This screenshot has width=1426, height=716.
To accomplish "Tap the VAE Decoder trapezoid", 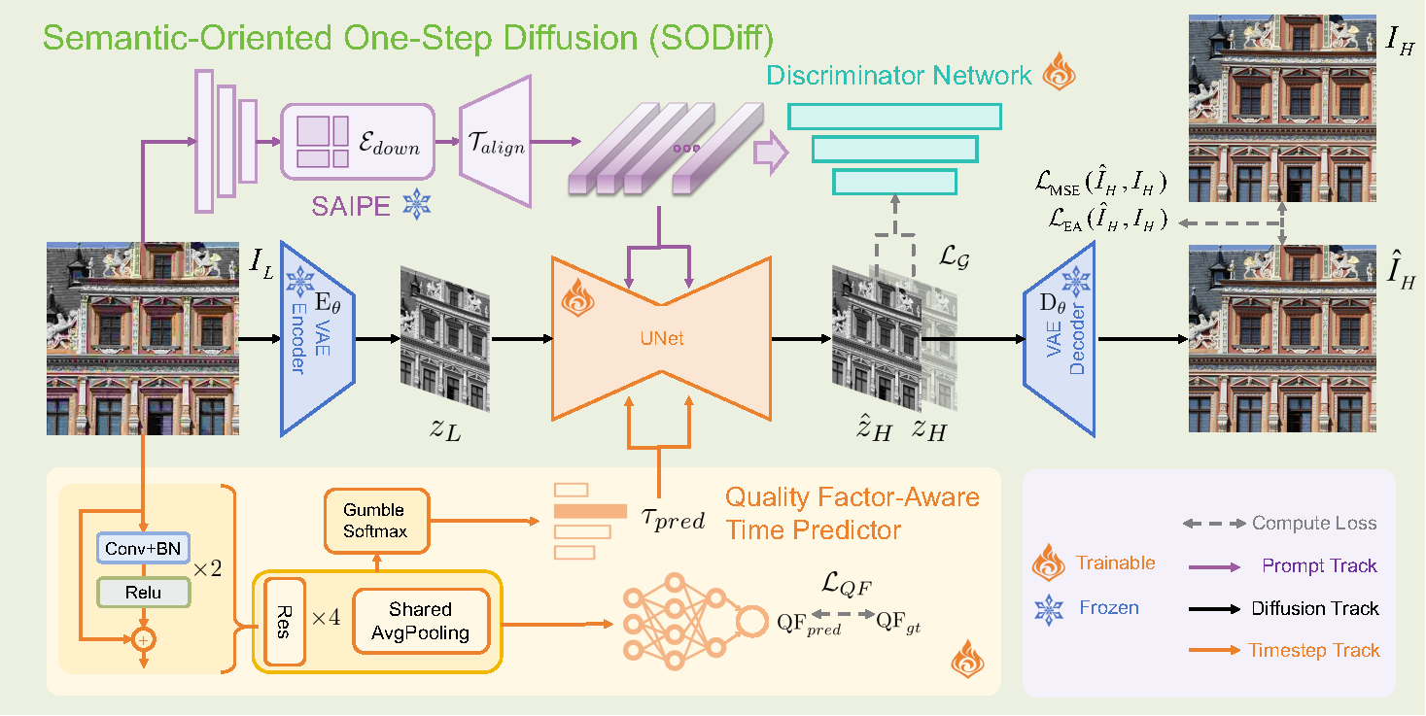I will [1059, 338].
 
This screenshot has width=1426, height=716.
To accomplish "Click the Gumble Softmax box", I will [373, 520].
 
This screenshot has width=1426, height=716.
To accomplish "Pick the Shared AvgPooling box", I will [420, 622].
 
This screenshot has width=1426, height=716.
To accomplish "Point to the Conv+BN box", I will [142, 549].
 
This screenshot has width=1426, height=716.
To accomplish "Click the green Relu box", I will [142, 592].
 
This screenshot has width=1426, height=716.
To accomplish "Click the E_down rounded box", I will [357, 142].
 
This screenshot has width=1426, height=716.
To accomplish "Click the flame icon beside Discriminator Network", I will [1060, 75].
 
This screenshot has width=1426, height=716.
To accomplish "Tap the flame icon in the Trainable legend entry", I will [1049, 563].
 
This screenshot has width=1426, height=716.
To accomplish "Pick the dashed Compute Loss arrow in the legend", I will [1215, 524].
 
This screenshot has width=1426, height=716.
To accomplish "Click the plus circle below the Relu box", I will [143, 640].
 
